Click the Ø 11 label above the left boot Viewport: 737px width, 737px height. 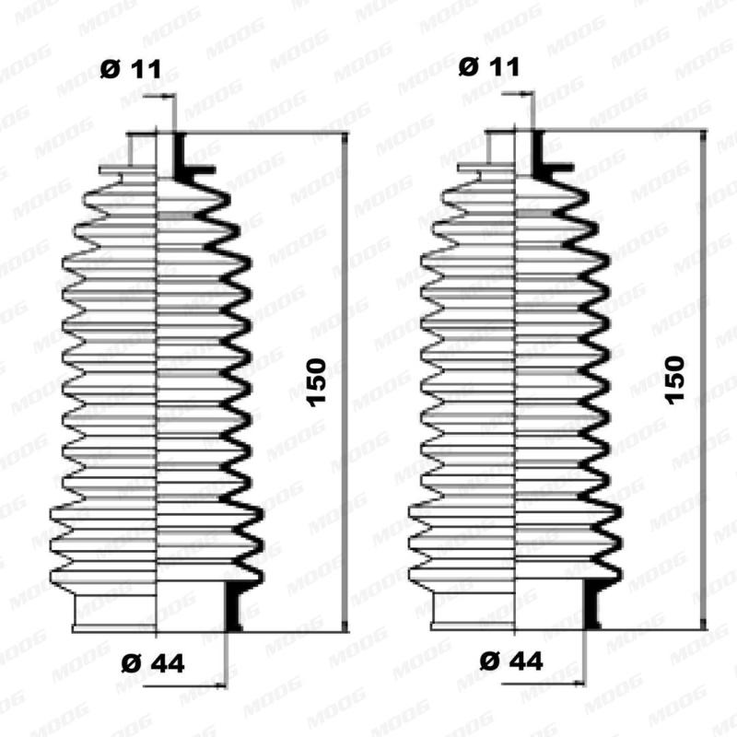129,67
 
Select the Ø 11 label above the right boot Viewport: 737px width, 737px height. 488,67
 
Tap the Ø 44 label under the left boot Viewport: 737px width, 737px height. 153,661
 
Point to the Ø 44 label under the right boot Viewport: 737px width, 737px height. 512,661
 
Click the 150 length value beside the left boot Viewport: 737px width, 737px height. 316,382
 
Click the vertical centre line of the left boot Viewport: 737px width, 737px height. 158,387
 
